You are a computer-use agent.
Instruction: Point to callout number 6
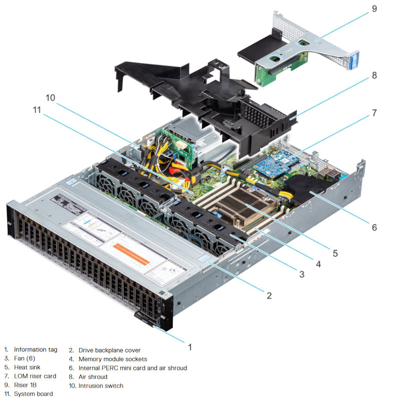[374, 227]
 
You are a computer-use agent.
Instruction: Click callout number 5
[335, 254]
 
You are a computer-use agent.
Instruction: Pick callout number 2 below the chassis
[269, 295]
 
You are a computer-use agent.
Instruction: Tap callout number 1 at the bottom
[189, 346]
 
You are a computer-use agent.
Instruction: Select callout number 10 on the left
[51, 97]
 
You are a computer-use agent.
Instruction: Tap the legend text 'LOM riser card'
[35, 376]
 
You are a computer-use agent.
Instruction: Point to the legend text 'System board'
[33, 394]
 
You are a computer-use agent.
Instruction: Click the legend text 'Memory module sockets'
[113, 359]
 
